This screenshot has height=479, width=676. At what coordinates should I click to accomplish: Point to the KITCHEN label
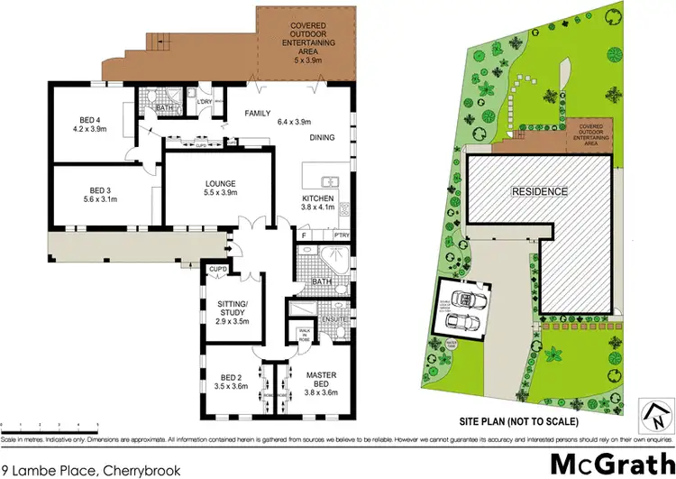tap(318, 198)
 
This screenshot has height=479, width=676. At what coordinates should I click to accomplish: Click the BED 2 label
tap(231, 377)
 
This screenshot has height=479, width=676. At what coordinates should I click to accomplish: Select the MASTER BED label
tap(320, 377)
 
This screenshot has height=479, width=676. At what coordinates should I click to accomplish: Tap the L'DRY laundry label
tap(205, 100)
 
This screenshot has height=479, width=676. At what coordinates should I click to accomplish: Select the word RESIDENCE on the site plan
tap(540, 191)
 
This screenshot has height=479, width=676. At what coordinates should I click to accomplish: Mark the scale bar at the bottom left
tap(50, 422)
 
